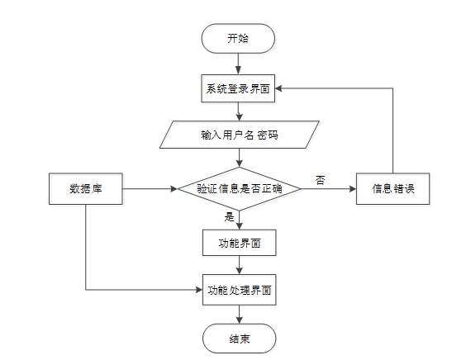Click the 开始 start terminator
(239, 39)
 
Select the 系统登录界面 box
(239, 88)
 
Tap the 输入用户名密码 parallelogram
(239, 135)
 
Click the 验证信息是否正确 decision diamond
(239, 189)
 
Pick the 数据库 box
(85, 189)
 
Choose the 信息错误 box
(392, 189)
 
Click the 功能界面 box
(239, 243)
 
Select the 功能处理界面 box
(239, 290)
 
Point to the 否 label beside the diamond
(320, 179)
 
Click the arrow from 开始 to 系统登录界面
(239, 64)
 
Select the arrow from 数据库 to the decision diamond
(149, 189)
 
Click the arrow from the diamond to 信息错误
(328, 189)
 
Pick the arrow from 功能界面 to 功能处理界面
(239, 266)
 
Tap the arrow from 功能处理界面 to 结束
(239, 313)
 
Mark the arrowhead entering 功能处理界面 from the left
(198, 290)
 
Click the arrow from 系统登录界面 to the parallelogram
(239, 111)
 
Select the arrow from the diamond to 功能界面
(239, 220)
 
